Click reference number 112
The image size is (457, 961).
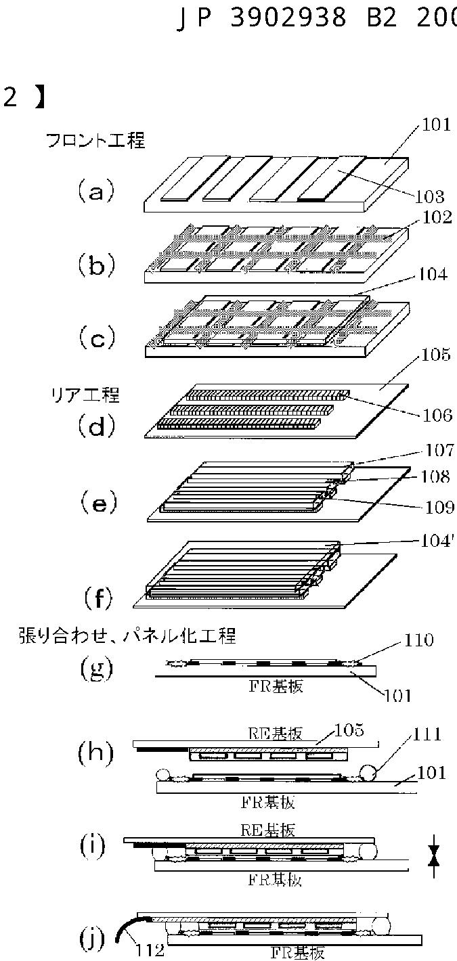point(149,951)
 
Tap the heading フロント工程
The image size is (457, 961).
point(95,141)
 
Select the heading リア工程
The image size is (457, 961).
point(76,393)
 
